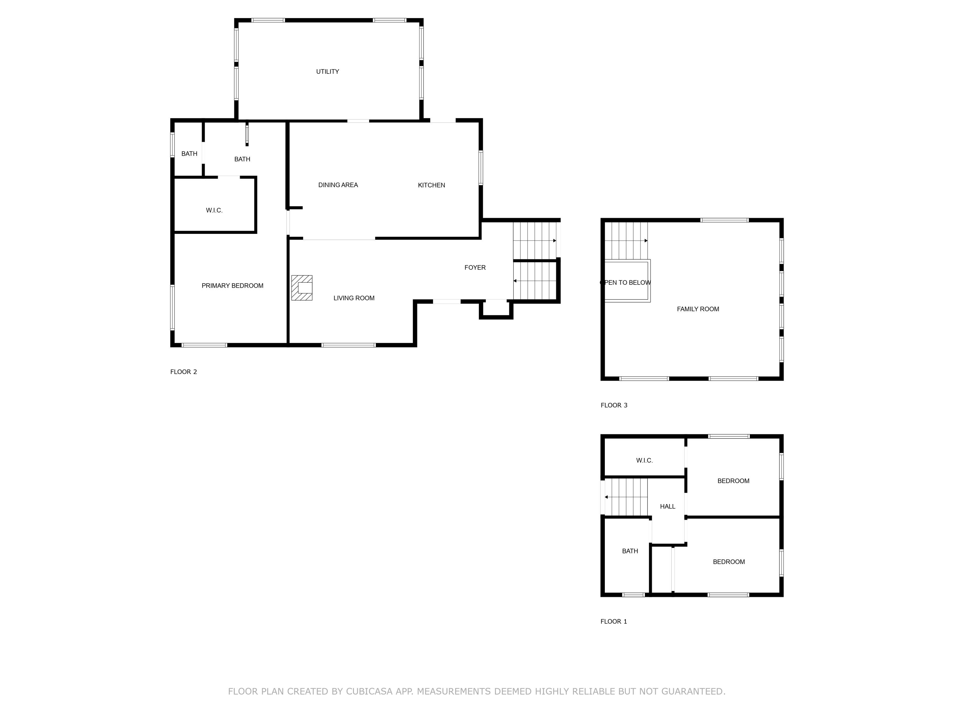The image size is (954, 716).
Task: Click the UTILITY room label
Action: coord(327,72)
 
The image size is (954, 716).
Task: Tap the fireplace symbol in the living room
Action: coord(302,288)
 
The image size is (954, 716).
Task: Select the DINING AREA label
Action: coord(338,185)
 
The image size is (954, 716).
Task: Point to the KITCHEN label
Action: coord(431,185)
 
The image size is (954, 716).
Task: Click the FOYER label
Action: coord(475,268)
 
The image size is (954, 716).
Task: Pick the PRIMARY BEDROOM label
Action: coord(232,286)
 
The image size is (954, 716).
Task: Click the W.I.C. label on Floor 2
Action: coord(214,211)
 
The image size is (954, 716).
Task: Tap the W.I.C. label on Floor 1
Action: coord(644,460)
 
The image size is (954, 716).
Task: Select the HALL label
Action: coord(667,507)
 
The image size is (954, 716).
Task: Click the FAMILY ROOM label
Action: coord(698,309)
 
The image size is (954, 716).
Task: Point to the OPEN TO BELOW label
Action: coord(626,283)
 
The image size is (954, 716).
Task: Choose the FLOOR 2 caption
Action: coord(183,372)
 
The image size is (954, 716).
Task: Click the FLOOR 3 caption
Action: coord(614,405)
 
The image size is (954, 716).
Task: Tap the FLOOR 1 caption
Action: coord(614,621)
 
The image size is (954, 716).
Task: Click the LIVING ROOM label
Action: coord(354,298)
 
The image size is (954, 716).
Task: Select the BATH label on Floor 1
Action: coord(630,551)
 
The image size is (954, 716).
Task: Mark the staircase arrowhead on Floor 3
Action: coord(646,241)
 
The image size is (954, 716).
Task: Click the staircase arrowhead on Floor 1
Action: coord(606,497)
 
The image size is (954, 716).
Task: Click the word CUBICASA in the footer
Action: coord(369,691)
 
